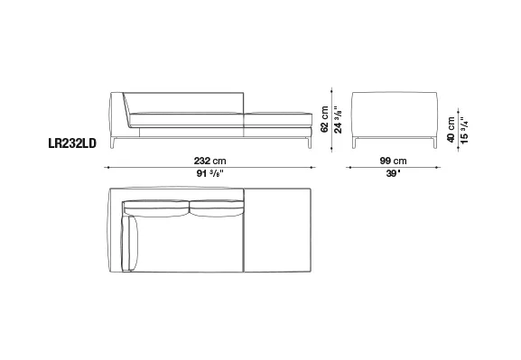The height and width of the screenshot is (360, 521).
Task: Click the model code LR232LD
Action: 72,143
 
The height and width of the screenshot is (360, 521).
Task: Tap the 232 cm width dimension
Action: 210,162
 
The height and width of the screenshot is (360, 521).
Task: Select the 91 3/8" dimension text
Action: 210,173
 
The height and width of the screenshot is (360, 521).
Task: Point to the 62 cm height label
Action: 325,119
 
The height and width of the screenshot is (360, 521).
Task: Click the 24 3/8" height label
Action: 338,120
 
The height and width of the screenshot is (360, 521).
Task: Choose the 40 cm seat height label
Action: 451,130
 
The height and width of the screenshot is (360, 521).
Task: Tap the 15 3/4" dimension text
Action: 464,130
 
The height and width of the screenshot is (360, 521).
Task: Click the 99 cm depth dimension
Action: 393,162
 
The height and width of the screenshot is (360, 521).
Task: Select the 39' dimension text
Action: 393,173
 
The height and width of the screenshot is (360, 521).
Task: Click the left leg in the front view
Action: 112,143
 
